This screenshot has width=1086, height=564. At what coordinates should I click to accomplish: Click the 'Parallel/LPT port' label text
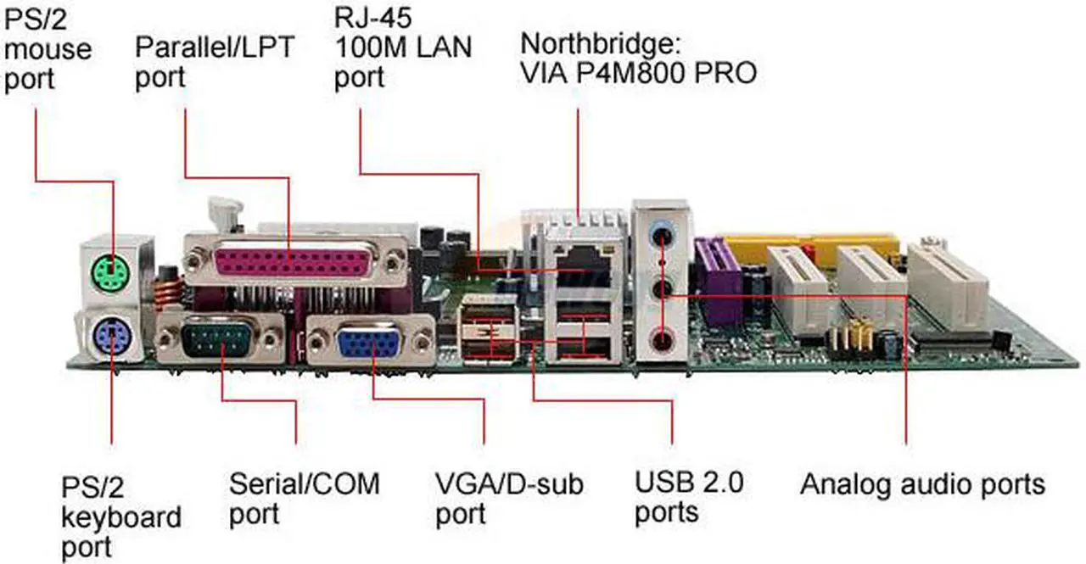tap(214, 60)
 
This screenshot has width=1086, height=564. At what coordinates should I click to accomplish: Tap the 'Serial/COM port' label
tap(304, 499)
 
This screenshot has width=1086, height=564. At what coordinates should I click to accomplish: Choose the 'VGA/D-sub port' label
tap(508, 499)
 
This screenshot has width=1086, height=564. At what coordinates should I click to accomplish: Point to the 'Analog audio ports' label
tap(922, 484)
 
